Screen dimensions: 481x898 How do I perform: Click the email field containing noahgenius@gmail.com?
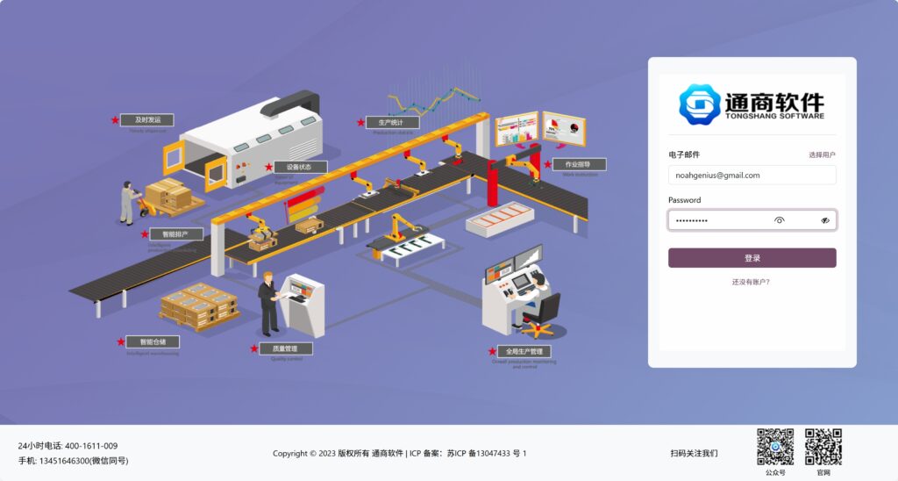coord(752,175)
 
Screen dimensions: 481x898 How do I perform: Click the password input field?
coord(719,220)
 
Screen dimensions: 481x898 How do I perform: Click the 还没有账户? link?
coord(752,282)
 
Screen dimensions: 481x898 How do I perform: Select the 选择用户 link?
coord(822,154)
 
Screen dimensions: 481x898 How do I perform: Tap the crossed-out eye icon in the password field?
coord(825,220)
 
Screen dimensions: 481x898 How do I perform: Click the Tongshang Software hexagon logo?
coord(699,104)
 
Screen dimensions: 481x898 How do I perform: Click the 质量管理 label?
coord(285,348)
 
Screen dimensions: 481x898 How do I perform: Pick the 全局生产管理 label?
coord(524,351)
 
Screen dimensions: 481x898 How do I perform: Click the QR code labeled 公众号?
coord(775,447)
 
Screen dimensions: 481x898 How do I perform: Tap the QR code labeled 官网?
coord(823,447)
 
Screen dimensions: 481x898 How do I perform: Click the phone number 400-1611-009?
coord(91,446)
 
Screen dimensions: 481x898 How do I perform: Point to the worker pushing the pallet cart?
coord(128,202)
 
